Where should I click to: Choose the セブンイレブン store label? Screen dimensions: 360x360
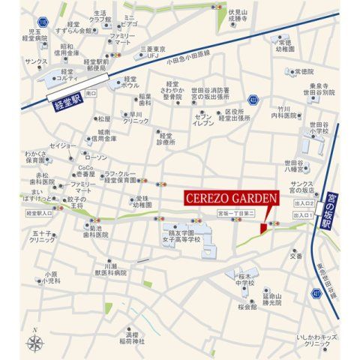pyautogui.click(x=202, y=118)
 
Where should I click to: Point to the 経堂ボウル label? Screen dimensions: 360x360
pyautogui.click(x=136, y=82)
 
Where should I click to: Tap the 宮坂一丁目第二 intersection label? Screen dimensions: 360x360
pyautogui.click(x=237, y=214)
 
